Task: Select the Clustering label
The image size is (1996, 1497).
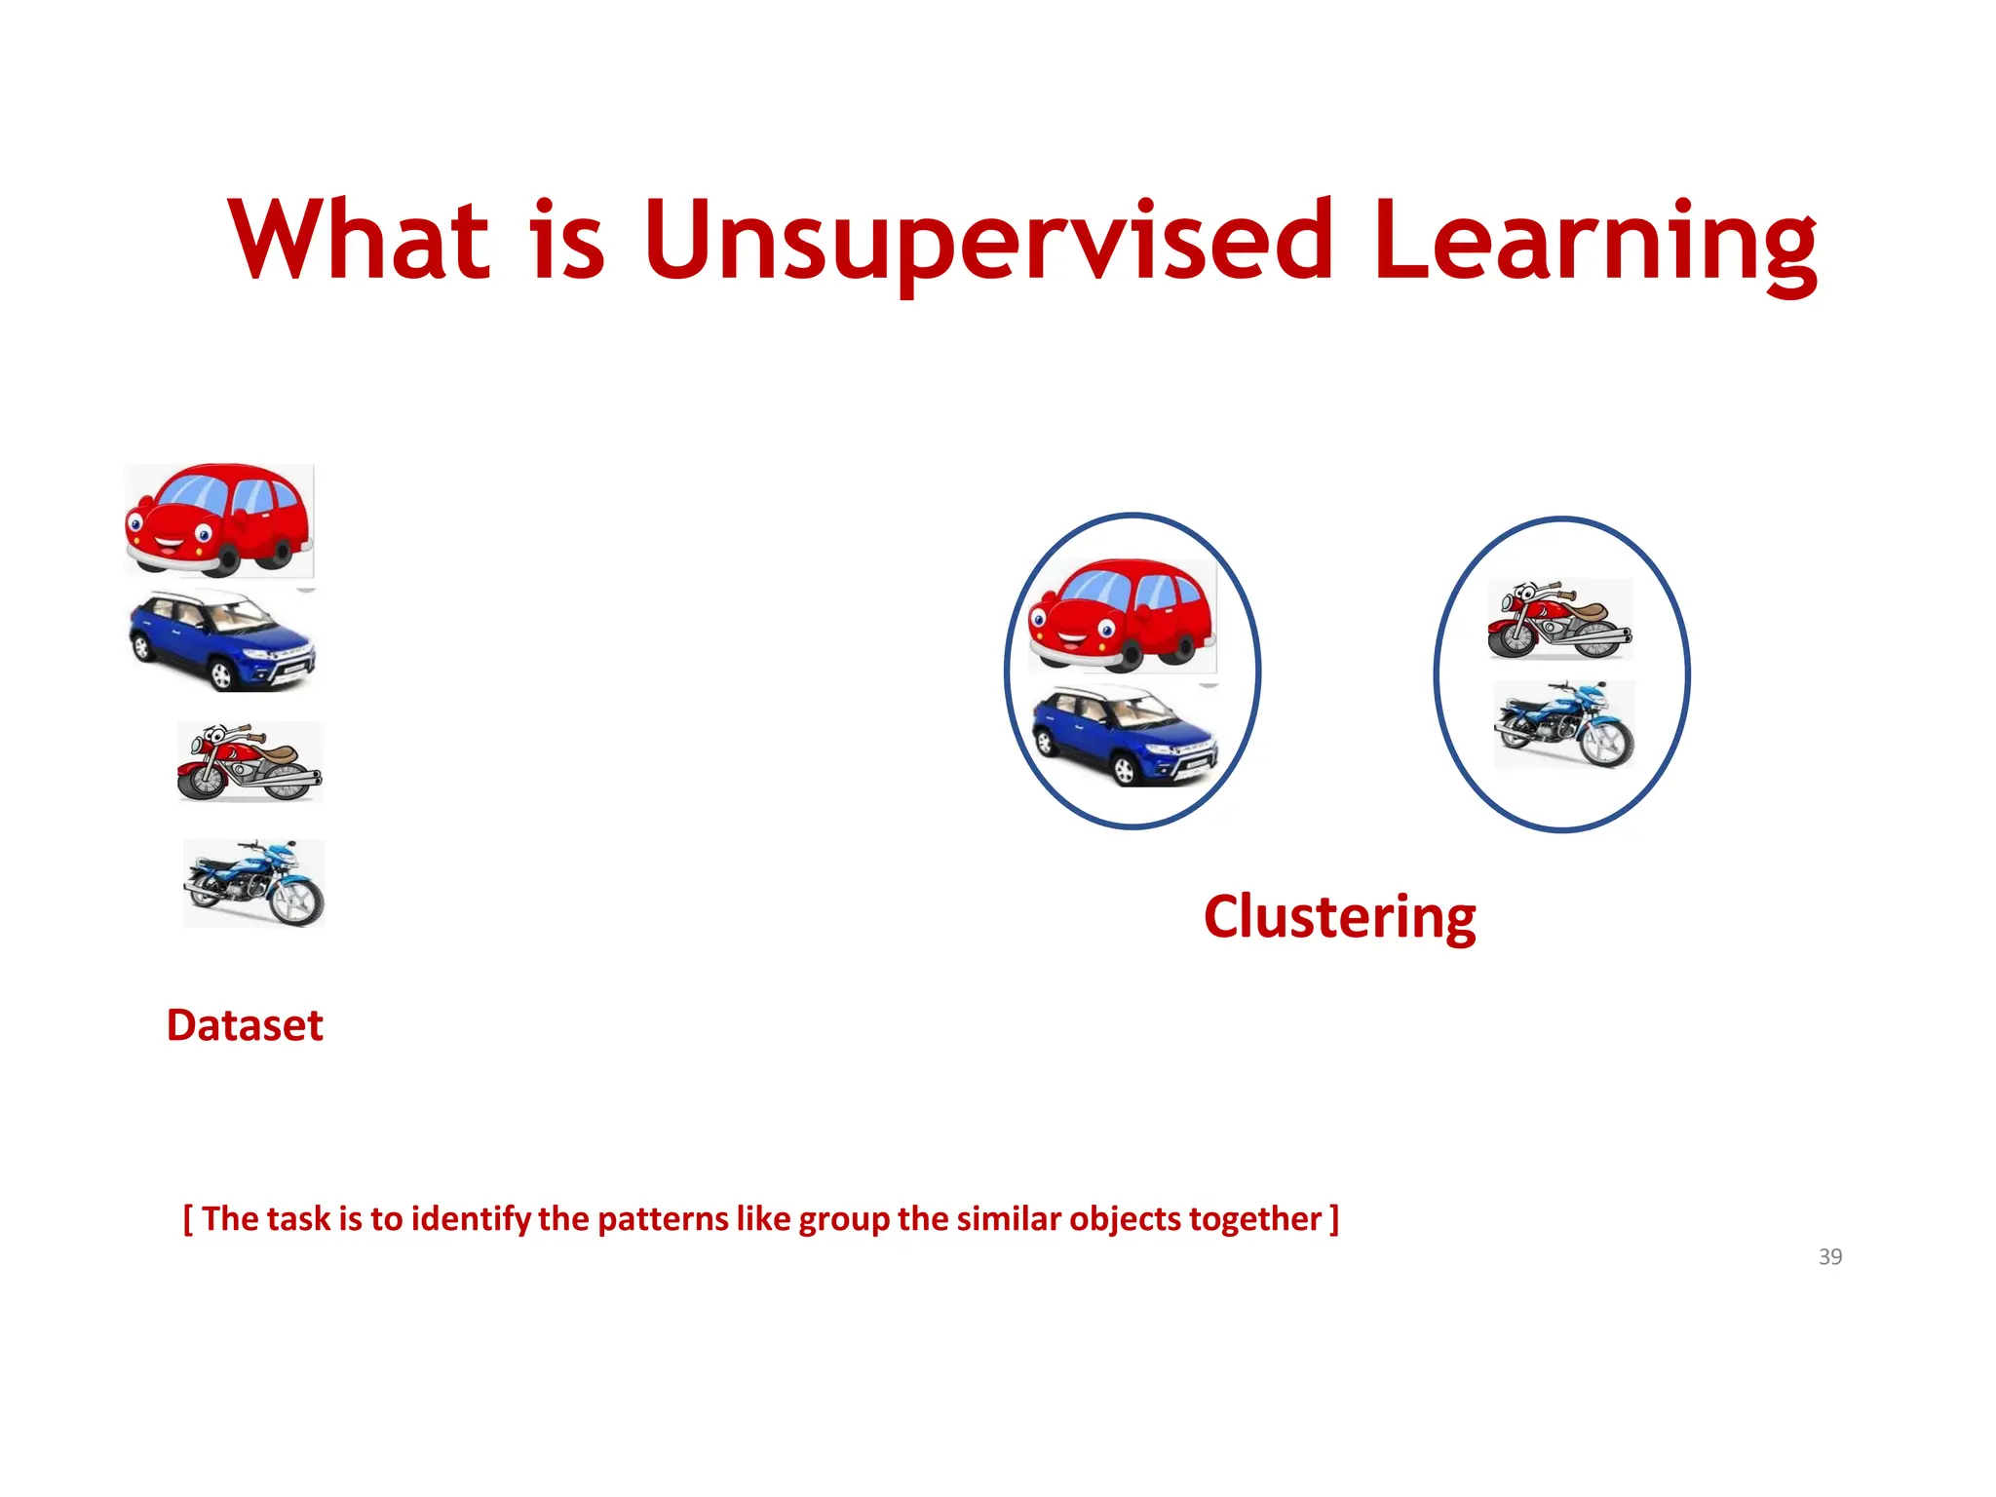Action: tap(1339, 917)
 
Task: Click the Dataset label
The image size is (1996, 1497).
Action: tap(245, 1025)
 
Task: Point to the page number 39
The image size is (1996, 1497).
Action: tap(1829, 1257)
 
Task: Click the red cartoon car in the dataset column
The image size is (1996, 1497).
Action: tap(219, 519)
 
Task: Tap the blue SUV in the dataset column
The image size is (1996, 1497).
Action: tap(222, 641)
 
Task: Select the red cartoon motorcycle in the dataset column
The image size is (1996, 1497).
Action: tap(249, 762)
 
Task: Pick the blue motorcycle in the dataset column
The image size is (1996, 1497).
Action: tap(254, 883)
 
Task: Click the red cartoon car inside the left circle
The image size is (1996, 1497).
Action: tap(1122, 615)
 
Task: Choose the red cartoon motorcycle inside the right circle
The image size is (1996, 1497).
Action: tap(1559, 620)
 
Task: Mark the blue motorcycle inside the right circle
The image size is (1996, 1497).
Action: tap(1564, 725)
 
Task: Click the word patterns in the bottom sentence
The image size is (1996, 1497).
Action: tap(663, 1219)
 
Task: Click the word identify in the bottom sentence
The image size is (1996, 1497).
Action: tap(471, 1219)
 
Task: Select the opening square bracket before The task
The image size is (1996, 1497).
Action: tap(188, 1219)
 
